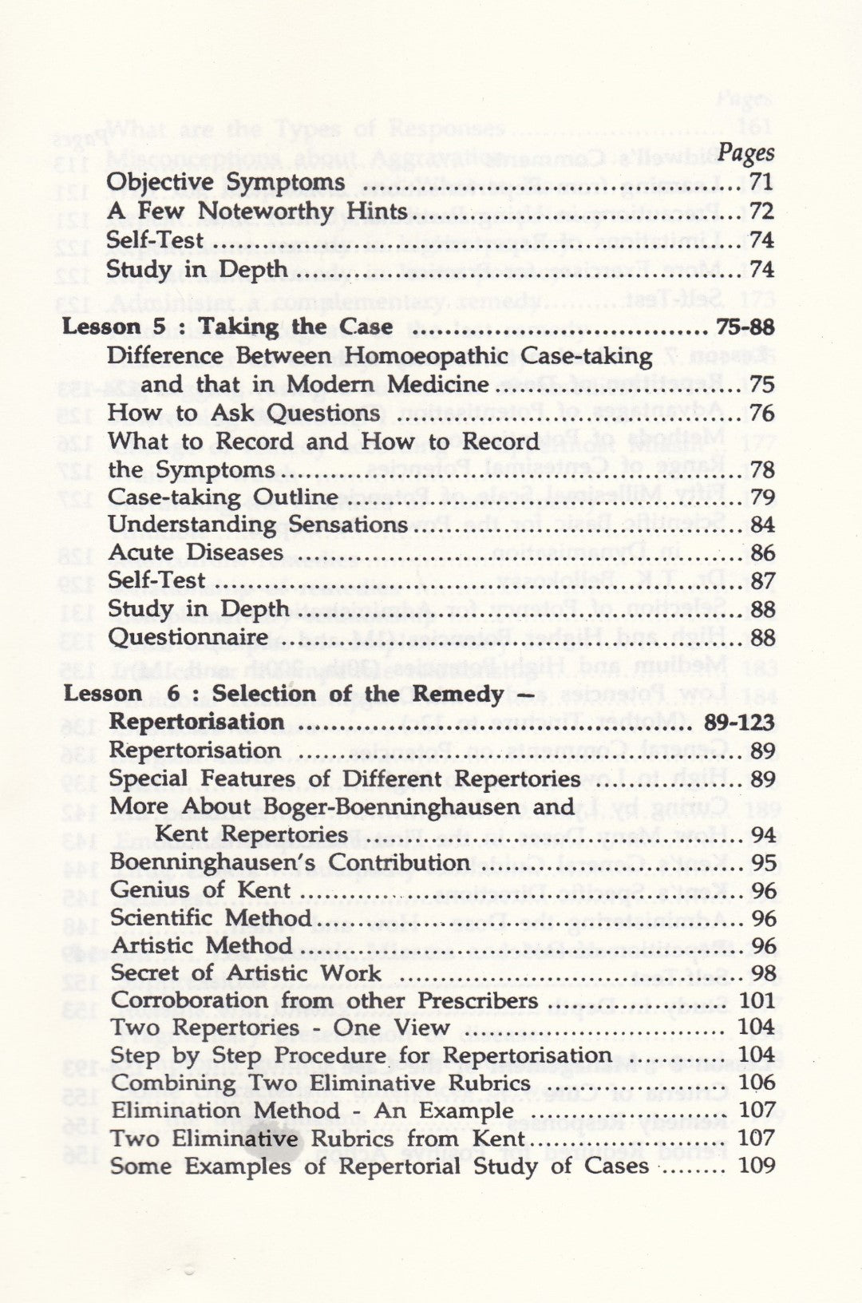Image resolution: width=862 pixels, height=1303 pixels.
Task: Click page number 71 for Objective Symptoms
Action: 761,182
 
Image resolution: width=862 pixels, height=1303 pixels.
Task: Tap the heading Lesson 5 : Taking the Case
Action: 228,327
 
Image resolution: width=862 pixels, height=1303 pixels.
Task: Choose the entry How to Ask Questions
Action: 244,413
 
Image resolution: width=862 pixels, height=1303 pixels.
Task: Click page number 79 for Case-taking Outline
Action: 762,497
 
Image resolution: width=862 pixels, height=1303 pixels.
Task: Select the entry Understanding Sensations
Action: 258,525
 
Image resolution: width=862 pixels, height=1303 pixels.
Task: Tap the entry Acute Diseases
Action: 196,552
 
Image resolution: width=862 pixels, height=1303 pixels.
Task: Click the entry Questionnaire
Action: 188,637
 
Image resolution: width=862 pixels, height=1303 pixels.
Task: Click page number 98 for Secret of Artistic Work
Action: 763,974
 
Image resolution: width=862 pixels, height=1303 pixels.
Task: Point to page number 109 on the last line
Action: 757,1166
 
